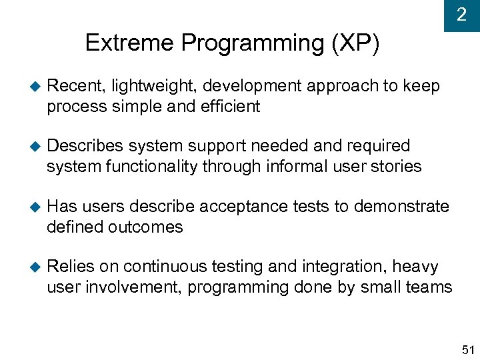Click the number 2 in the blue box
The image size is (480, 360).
coord(461,15)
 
